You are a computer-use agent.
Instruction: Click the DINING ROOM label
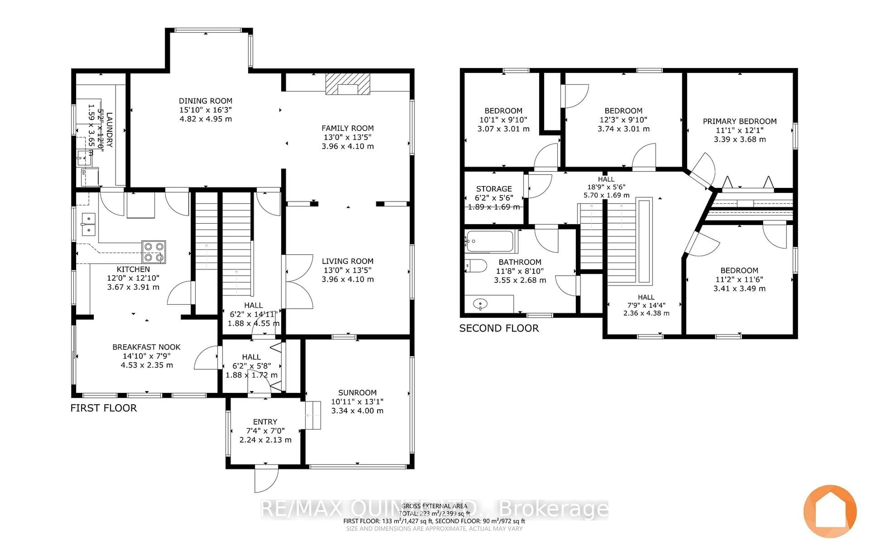205,101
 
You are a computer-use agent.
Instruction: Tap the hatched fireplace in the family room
348,84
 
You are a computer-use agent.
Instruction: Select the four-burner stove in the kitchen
154,252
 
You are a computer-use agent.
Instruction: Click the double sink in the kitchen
88,224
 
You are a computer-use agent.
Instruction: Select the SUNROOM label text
357,393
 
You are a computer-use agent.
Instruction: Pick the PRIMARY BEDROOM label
739,121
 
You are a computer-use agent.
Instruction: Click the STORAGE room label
494,188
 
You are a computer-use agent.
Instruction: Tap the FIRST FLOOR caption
103,408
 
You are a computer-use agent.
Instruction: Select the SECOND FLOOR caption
499,328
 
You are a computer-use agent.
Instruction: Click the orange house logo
830,511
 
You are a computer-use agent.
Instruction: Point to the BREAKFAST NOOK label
146,347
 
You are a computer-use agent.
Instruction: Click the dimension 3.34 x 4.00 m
357,410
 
